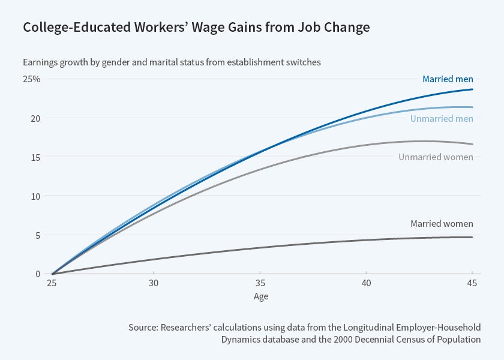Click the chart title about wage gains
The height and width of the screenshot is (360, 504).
point(196,27)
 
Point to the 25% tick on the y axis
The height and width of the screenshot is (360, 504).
point(32,79)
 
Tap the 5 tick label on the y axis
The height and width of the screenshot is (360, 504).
point(37,235)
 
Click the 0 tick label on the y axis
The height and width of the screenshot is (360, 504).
point(37,274)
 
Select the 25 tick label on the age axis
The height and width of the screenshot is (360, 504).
point(52,283)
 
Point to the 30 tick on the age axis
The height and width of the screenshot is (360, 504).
point(154,283)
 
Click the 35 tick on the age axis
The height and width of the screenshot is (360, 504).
point(260,283)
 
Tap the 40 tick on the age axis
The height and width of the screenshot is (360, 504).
point(366,283)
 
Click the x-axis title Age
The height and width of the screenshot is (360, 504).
point(260,296)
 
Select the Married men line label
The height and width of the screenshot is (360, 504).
point(448,79)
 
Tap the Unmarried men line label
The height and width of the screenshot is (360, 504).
point(442,119)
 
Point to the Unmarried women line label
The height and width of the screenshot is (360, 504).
point(436,157)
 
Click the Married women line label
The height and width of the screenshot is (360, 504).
point(442,224)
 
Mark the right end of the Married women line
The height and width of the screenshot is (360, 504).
point(472,237)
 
